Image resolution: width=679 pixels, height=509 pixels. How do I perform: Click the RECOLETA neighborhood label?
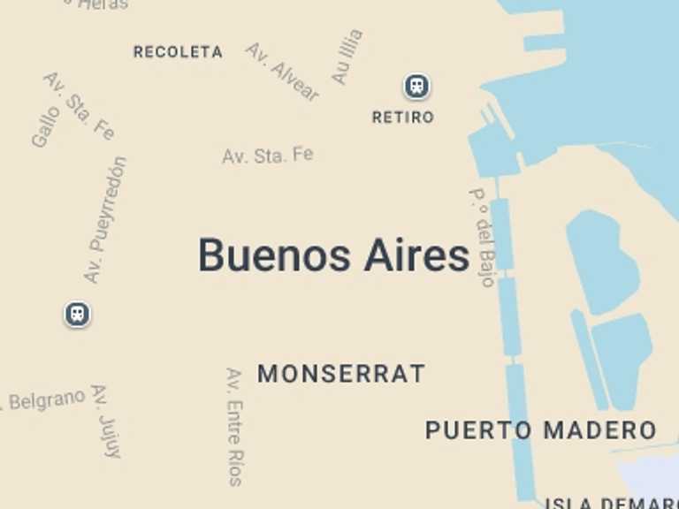pyautogui.click(x=178, y=52)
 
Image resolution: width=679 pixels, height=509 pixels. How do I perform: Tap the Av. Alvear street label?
pyautogui.click(x=282, y=72)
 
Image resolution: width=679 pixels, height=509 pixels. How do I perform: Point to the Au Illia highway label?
pyautogui.click(x=347, y=57)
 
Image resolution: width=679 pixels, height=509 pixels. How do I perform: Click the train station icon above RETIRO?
pyautogui.click(x=416, y=86)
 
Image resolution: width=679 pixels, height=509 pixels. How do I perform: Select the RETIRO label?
pyautogui.click(x=403, y=117)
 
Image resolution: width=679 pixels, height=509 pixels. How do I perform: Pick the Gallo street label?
pyautogui.click(x=46, y=125)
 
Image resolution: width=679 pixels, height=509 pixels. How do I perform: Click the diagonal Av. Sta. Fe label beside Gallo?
pyautogui.click(x=79, y=106)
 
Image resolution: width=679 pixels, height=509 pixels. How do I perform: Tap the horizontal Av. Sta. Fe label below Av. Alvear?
pyautogui.click(x=267, y=156)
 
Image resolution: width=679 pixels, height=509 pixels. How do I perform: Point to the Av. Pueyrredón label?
pyautogui.click(x=106, y=220)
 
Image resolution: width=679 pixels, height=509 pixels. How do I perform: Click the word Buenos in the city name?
pyautogui.click(x=274, y=255)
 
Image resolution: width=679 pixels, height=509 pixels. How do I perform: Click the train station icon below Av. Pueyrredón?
pyautogui.click(x=78, y=314)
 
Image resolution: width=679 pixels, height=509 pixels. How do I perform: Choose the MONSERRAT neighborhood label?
pyautogui.click(x=341, y=374)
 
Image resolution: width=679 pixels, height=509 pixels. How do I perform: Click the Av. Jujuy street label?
pyautogui.click(x=105, y=421)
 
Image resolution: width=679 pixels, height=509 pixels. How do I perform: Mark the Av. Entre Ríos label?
pyautogui.click(x=234, y=427)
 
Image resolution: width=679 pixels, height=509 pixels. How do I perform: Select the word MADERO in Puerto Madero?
pyautogui.click(x=599, y=430)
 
